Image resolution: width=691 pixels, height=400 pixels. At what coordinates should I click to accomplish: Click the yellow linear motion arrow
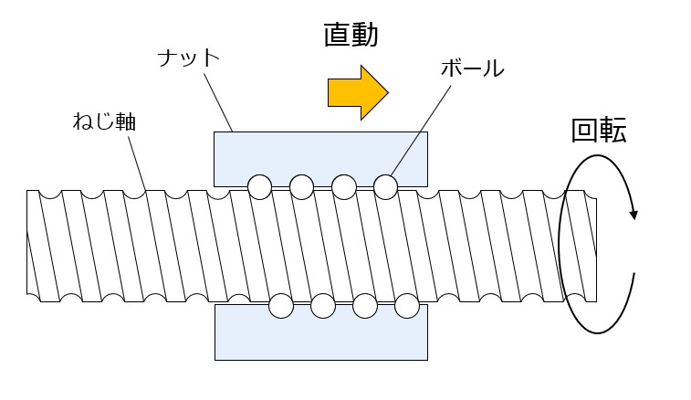(x=358, y=92)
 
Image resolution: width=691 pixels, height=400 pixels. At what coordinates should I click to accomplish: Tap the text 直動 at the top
(x=351, y=35)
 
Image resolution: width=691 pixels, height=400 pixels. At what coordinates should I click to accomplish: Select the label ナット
(x=189, y=58)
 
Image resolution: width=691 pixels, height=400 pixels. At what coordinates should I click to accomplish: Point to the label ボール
(x=473, y=68)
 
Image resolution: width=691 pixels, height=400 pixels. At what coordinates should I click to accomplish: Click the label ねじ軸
(x=104, y=121)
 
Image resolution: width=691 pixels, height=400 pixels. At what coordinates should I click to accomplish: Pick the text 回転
(x=599, y=131)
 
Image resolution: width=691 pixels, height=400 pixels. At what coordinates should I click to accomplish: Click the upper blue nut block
(x=320, y=159)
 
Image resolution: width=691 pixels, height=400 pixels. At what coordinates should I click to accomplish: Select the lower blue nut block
(x=321, y=332)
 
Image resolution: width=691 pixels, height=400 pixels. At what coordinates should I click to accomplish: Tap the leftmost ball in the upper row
(x=259, y=187)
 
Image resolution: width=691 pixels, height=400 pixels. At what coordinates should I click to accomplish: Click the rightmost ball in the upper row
(x=385, y=187)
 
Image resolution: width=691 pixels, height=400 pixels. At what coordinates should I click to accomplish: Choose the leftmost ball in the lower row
(x=281, y=306)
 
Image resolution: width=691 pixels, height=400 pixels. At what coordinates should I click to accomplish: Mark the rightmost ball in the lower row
(x=407, y=306)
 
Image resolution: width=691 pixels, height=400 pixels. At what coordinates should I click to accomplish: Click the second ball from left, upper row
(x=302, y=187)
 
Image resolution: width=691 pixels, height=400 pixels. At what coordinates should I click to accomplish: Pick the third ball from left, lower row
(x=365, y=306)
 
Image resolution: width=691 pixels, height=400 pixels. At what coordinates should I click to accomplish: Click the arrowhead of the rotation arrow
(x=633, y=214)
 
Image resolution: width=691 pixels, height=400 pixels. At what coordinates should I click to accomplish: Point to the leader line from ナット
(x=218, y=102)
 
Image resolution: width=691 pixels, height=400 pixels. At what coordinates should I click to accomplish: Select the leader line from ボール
(x=421, y=131)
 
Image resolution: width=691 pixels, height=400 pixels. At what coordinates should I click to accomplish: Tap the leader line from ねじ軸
(x=137, y=164)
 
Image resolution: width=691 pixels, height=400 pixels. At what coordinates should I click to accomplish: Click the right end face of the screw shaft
(x=596, y=250)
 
